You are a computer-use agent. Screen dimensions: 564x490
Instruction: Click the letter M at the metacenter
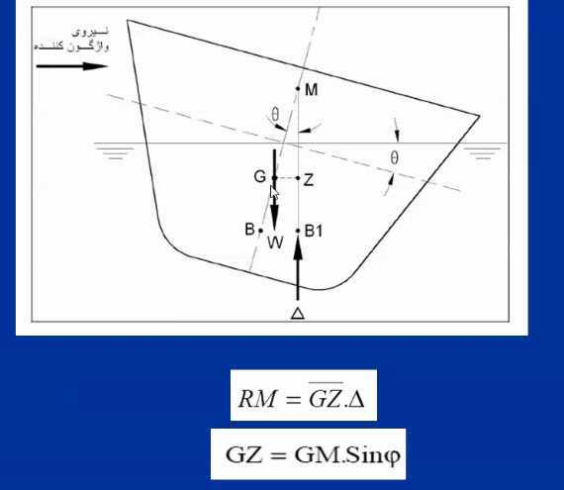click(311, 89)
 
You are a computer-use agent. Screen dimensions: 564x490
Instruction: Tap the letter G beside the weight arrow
click(259, 176)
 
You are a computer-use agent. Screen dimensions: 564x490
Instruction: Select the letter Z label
click(309, 180)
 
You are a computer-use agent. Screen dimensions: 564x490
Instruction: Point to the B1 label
click(314, 231)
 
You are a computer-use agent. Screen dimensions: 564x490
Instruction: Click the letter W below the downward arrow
click(275, 243)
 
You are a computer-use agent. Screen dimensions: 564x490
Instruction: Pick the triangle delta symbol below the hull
click(298, 314)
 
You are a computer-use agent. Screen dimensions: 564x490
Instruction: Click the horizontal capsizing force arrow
click(72, 66)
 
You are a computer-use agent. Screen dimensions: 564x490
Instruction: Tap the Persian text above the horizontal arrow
click(71, 39)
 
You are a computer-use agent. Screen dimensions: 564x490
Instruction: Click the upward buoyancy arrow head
click(298, 247)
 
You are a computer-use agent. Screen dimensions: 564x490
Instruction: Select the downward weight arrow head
click(274, 218)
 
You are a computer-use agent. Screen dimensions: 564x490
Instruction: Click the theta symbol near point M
click(275, 115)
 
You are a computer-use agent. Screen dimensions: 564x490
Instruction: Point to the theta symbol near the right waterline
click(394, 157)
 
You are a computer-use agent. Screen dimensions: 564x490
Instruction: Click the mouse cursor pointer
click(274, 192)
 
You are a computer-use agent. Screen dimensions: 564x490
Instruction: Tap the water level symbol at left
click(114, 150)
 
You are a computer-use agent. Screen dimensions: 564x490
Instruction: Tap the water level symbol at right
click(483, 151)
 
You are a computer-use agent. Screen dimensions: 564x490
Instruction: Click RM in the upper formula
click(257, 399)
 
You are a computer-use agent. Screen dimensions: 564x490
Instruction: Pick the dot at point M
click(298, 88)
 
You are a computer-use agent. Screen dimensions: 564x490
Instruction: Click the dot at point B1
click(298, 231)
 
